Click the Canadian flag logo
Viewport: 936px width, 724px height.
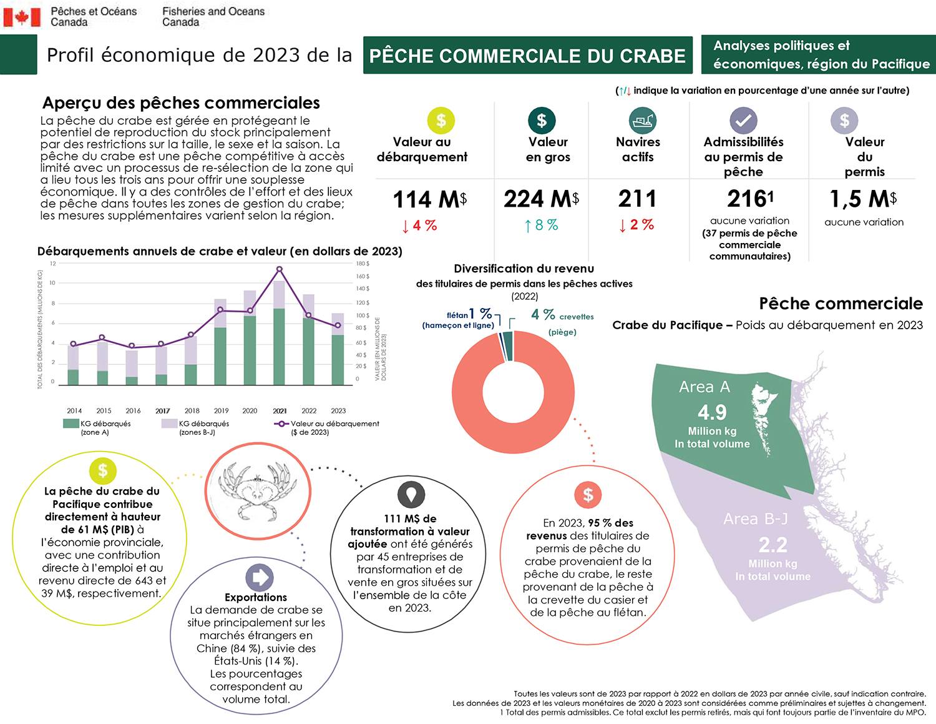click(22, 17)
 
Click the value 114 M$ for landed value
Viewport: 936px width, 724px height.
click(429, 199)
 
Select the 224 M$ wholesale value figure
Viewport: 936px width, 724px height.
click(541, 199)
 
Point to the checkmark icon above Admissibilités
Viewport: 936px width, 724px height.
click(743, 121)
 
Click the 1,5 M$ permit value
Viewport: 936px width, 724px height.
click(863, 199)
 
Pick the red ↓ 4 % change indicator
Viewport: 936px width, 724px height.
click(419, 226)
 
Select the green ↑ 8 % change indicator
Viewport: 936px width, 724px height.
click(541, 225)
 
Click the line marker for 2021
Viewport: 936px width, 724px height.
click(279, 269)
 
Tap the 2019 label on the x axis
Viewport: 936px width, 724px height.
click(221, 411)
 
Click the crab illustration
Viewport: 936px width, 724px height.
click(258, 492)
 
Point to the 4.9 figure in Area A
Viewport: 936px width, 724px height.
click(712, 412)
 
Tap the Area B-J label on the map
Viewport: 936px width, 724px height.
click(755, 519)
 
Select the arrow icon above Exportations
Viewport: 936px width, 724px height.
click(259, 578)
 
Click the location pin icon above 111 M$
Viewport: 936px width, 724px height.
click(411, 495)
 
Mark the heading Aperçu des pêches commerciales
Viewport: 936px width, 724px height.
click(181, 103)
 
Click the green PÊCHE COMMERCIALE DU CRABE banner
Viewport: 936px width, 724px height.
click(527, 56)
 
